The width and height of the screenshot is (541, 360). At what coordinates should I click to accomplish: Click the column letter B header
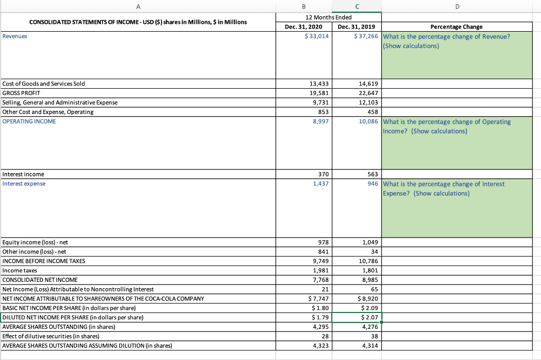pyautogui.click(x=304, y=7)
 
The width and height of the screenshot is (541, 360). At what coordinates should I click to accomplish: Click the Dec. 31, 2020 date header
pyautogui.click(x=303, y=26)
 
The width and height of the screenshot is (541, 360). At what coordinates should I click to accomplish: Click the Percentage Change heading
pyautogui.click(x=456, y=26)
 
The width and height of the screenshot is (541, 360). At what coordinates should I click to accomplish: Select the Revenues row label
pyautogui.click(x=15, y=36)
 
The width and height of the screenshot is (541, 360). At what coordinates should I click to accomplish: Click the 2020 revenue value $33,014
pyautogui.click(x=317, y=36)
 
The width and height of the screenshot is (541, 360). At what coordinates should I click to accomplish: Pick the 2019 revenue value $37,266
pyautogui.click(x=366, y=36)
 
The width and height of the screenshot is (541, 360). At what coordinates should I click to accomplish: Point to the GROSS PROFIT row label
pyautogui.click(x=21, y=93)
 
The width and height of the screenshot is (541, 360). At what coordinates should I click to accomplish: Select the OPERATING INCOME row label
pyautogui.click(x=29, y=121)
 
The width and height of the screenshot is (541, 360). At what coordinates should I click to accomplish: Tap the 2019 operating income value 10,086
pyautogui.click(x=368, y=121)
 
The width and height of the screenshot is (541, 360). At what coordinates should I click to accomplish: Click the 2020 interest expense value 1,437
pyautogui.click(x=320, y=184)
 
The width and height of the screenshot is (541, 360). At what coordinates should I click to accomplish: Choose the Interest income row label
pyautogui.click(x=23, y=174)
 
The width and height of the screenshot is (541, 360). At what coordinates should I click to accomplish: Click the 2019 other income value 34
pyautogui.click(x=374, y=252)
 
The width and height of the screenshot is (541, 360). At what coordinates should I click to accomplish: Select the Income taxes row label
pyautogui.click(x=20, y=270)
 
